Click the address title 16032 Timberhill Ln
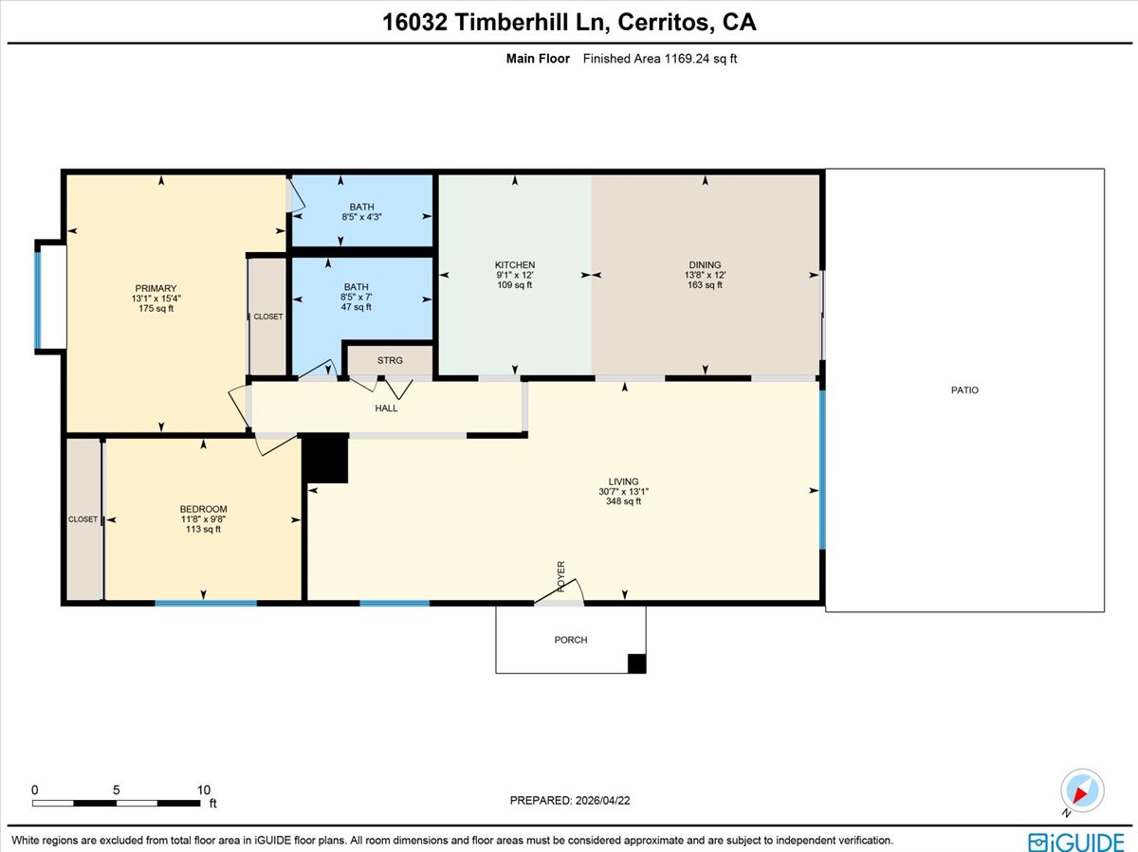(569, 23)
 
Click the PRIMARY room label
(156, 289)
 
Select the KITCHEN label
(515, 265)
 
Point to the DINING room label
(705, 265)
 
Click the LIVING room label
(623, 481)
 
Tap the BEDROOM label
(203, 510)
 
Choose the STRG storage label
(390, 360)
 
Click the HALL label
(386, 408)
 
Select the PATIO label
(965, 390)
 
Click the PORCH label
(571, 640)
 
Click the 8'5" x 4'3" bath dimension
(361, 217)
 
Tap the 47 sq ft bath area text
(357, 307)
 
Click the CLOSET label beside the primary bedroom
(267, 317)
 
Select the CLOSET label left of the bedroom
(83, 519)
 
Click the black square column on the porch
(637, 663)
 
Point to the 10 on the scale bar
(203, 789)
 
